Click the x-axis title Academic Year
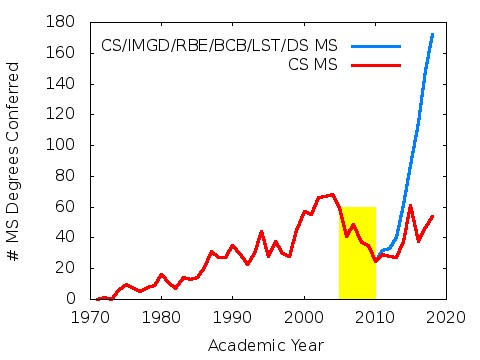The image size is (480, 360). pos(265,345)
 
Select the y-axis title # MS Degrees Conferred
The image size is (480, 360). pos(15,161)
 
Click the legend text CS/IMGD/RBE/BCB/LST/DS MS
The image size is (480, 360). pos(219,46)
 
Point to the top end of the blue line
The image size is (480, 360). pos(432,34)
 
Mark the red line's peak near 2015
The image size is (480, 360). pos(410,205)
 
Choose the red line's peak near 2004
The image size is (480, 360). pos(332,194)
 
